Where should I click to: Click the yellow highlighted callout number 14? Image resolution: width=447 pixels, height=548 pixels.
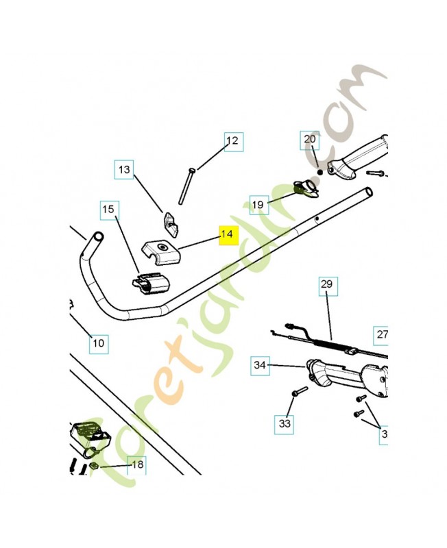(227, 235)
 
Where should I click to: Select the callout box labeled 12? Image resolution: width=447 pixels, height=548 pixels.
(232, 141)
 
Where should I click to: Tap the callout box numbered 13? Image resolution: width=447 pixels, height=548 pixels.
(124, 169)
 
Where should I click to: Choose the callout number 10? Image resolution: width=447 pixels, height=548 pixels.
(99, 342)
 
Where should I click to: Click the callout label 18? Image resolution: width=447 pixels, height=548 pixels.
(138, 464)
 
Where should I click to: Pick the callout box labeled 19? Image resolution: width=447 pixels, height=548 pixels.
(258, 204)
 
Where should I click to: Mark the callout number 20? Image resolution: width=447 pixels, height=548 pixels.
(310, 140)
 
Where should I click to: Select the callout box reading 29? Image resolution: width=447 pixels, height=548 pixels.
(326, 284)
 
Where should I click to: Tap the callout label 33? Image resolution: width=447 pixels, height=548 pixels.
(285, 424)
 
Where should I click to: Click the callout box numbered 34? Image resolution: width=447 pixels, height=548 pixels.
(259, 365)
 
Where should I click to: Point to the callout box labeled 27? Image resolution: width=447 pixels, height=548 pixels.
(382, 335)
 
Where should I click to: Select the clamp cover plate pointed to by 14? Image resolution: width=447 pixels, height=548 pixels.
(161, 250)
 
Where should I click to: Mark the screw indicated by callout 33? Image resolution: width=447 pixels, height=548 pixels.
(299, 393)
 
